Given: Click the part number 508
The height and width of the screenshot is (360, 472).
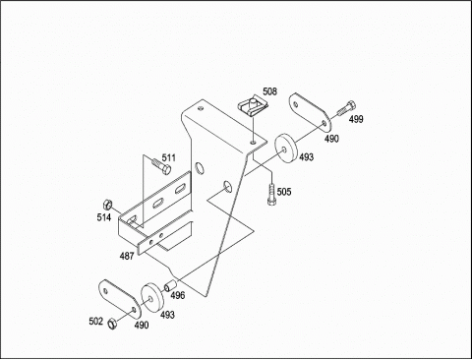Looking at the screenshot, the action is [x=269, y=91].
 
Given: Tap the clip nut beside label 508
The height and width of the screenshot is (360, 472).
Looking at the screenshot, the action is [x=254, y=106].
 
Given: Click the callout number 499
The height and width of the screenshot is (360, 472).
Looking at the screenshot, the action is [x=356, y=119].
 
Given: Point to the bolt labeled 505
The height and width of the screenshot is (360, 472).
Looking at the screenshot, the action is [x=271, y=194].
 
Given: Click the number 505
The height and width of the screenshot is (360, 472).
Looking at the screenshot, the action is [x=284, y=192].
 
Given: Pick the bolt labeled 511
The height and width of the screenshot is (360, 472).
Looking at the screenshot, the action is [x=161, y=166].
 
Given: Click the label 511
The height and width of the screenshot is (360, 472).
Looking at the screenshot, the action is [x=169, y=158].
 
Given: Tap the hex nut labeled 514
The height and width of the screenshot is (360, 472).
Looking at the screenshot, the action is [x=107, y=205].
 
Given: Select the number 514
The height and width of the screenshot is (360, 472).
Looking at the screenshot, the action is [x=104, y=217].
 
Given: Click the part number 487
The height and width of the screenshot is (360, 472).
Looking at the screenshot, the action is [x=127, y=256].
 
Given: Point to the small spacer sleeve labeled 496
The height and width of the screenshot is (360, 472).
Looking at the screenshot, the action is [x=170, y=285].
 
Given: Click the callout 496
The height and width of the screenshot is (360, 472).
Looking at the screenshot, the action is [x=178, y=295].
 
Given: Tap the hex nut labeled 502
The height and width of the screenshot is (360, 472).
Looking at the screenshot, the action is [x=112, y=324].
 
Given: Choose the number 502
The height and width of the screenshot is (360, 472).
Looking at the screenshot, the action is [x=96, y=322].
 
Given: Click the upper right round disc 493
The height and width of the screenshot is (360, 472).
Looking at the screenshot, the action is [x=285, y=150].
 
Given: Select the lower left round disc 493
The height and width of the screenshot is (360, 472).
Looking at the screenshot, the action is [x=151, y=298].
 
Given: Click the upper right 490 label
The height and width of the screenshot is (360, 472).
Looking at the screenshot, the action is [x=331, y=139].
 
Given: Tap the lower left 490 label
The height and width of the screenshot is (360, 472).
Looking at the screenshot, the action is [x=142, y=325].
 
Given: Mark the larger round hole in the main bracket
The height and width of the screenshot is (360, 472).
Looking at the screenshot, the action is [x=199, y=168].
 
